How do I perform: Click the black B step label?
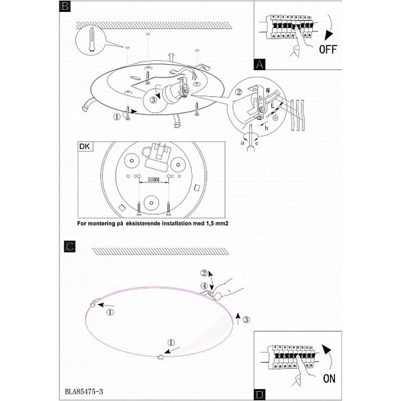[65, 6]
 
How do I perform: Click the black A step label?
[259, 64]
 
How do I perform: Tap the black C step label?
[70, 247]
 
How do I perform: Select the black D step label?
[259, 394]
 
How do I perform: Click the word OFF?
[328, 49]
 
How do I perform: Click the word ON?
[329, 379]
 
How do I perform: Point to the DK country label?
[85, 146]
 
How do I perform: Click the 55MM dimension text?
[154, 180]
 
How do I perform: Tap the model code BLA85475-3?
[84, 392]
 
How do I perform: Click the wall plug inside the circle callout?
[92, 40]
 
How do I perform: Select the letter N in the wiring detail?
[268, 90]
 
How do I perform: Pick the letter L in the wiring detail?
[273, 105]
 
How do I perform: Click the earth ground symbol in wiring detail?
[275, 118]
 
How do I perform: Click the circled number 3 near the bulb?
[153, 100]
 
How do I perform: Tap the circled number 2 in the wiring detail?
[239, 92]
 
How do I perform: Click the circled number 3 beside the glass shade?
[246, 319]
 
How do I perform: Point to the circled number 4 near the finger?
[204, 285]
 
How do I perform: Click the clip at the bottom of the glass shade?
[160, 357]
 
